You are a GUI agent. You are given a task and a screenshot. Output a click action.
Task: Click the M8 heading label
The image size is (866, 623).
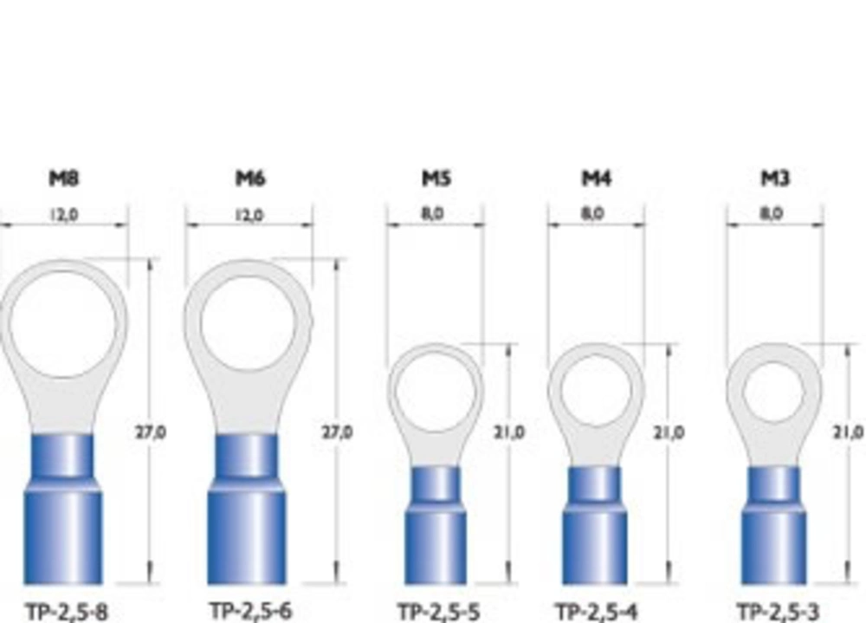(x=65, y=178)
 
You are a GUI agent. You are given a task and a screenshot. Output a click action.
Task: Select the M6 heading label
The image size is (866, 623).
(x=251, y=178)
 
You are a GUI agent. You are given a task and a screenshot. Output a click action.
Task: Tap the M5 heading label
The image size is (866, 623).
(x=436, y=178)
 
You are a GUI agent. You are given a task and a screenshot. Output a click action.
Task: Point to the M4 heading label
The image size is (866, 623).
(x=597, y=178)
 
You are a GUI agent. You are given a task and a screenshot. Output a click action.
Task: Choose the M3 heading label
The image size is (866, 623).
(x=775, y=178)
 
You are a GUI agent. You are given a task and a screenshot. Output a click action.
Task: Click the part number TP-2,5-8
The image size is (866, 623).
(x=67, y=613)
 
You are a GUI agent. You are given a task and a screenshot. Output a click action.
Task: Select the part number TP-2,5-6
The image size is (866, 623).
(x=251, y=612)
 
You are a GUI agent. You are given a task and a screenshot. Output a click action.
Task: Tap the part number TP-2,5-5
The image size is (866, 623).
(x=439, y=613)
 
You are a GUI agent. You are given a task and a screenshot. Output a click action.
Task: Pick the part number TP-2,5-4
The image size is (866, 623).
(x=597, y=613)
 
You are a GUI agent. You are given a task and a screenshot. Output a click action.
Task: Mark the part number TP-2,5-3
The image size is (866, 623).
(x=779, y=613)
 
